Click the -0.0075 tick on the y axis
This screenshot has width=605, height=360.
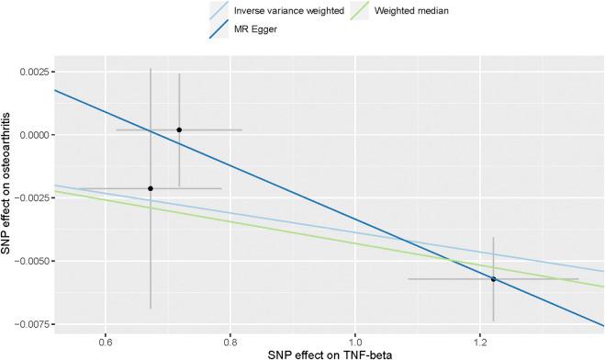[32, 324]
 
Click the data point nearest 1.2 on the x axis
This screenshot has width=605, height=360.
[493, 279]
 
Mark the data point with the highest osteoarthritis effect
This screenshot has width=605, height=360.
[179, 129]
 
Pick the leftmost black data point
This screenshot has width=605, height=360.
[151, 188]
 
